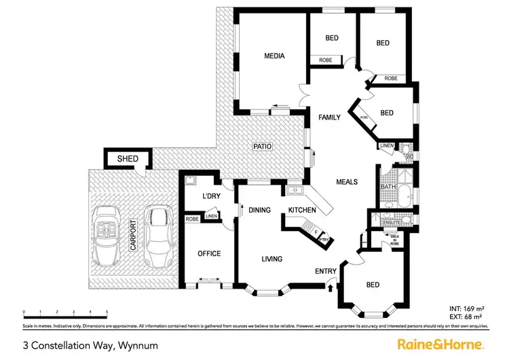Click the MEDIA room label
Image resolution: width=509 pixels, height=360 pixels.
coord(274,56)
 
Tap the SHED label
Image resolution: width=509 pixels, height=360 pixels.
coord(128,159)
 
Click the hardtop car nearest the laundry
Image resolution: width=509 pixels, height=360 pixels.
coord(157,234)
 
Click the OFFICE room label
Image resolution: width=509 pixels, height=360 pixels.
coord(209,253)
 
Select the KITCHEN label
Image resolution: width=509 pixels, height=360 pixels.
coord(303,210)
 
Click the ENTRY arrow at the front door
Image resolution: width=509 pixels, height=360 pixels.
coord(331,287)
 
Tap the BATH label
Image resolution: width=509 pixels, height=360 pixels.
coord(388,187)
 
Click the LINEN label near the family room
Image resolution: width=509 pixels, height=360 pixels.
coord(386,145)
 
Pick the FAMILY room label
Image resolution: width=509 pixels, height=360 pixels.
coord(330,118)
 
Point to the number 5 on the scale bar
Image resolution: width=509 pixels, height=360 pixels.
coord(107,312)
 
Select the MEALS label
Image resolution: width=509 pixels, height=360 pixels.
coord(346,182)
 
